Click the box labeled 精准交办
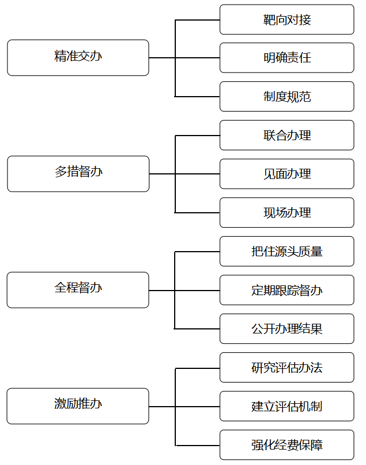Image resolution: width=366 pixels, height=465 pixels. click(78, 58)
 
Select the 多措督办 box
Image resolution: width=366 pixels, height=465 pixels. click(78, 174)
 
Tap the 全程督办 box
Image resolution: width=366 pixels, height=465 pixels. click(78, 290)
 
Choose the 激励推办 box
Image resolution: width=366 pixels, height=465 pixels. click(78, 406)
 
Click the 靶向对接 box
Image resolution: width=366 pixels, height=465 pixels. click(287, 19)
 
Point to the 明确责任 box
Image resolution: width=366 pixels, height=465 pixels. click(287, 58)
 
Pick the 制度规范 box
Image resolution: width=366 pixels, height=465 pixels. click(287, 97)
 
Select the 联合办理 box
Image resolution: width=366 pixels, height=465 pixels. click(287, 135)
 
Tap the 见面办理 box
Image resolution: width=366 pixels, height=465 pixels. click(287, 174)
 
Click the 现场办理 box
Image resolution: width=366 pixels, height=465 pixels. click(287, 213)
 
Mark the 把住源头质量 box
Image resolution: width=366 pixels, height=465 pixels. click(287, 252)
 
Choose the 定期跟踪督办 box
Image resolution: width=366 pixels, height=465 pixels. click(287, 290)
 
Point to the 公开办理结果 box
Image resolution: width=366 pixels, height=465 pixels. click(287, 328)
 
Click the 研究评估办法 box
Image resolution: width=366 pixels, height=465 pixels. click(287, 367)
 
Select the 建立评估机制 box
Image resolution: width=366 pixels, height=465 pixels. click(287, 406)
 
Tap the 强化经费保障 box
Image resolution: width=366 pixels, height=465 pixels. click(287, 445)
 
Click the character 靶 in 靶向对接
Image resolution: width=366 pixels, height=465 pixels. click(269, 20)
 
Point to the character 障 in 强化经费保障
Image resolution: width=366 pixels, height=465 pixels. click(317, 445)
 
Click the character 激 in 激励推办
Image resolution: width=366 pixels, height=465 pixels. click(60, 404)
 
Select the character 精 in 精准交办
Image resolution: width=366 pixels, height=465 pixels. click(60, 55)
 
